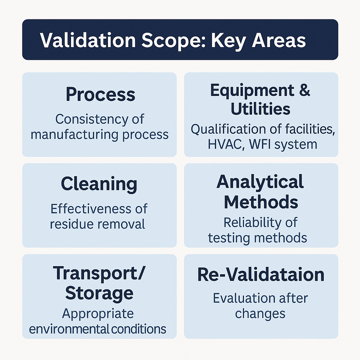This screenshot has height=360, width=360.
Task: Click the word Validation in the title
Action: (x=88, y=40)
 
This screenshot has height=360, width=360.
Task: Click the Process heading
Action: (x=100, y=94)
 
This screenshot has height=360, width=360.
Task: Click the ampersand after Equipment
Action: (x=304, y=90)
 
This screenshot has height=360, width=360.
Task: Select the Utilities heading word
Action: (x=261, y=109)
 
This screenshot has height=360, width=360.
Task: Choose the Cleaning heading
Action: (x=99, y=184)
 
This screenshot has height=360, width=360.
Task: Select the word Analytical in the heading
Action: (x=260, y=182)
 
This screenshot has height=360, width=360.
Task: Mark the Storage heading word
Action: (x=99, y=293)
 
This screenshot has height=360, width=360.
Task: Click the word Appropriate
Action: (x=98, y=313)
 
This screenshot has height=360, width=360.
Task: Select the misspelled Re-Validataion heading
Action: (x=261, y=275)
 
